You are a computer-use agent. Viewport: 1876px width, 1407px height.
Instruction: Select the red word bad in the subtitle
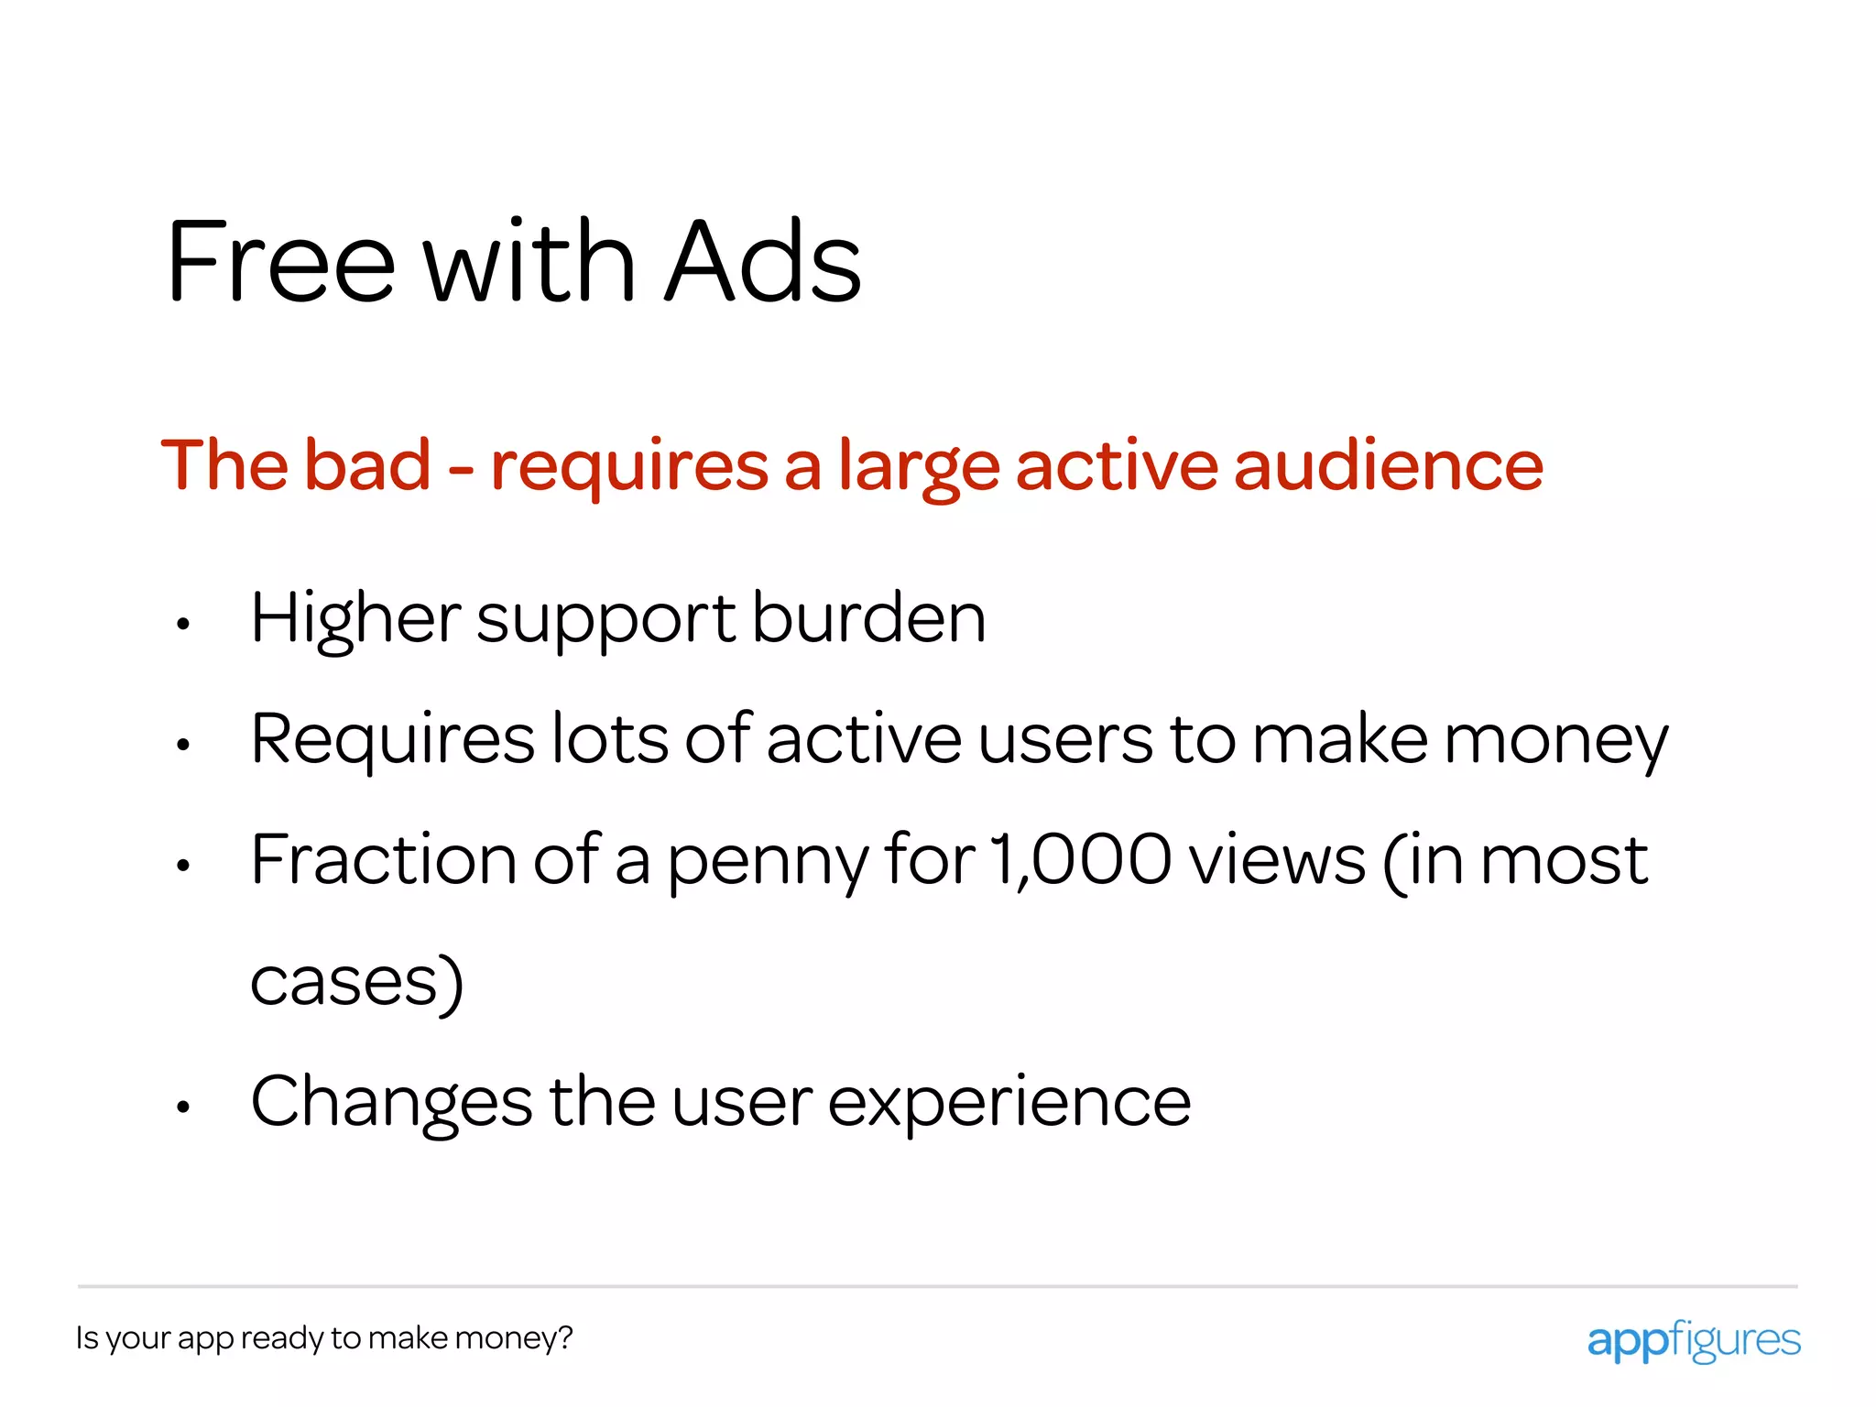[x=366, y=465]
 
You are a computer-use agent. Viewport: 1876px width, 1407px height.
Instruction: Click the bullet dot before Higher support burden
[x=183, y=625]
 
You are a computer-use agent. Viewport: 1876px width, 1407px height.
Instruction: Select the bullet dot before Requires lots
[x=183, y=746]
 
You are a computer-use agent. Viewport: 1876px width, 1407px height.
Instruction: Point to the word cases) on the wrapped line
[x=357, y=982]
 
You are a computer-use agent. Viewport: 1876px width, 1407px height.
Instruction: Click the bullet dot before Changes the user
[x=183, y=1107]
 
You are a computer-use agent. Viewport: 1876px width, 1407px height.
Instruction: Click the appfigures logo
[x=1693, y=1340]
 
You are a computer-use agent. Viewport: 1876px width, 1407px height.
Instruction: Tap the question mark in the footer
[x=565, y=1337]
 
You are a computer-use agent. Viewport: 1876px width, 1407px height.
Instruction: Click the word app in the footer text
[x=205, y=1340]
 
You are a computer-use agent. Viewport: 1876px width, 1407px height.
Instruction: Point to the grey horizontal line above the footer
[x=938, y=1286]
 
